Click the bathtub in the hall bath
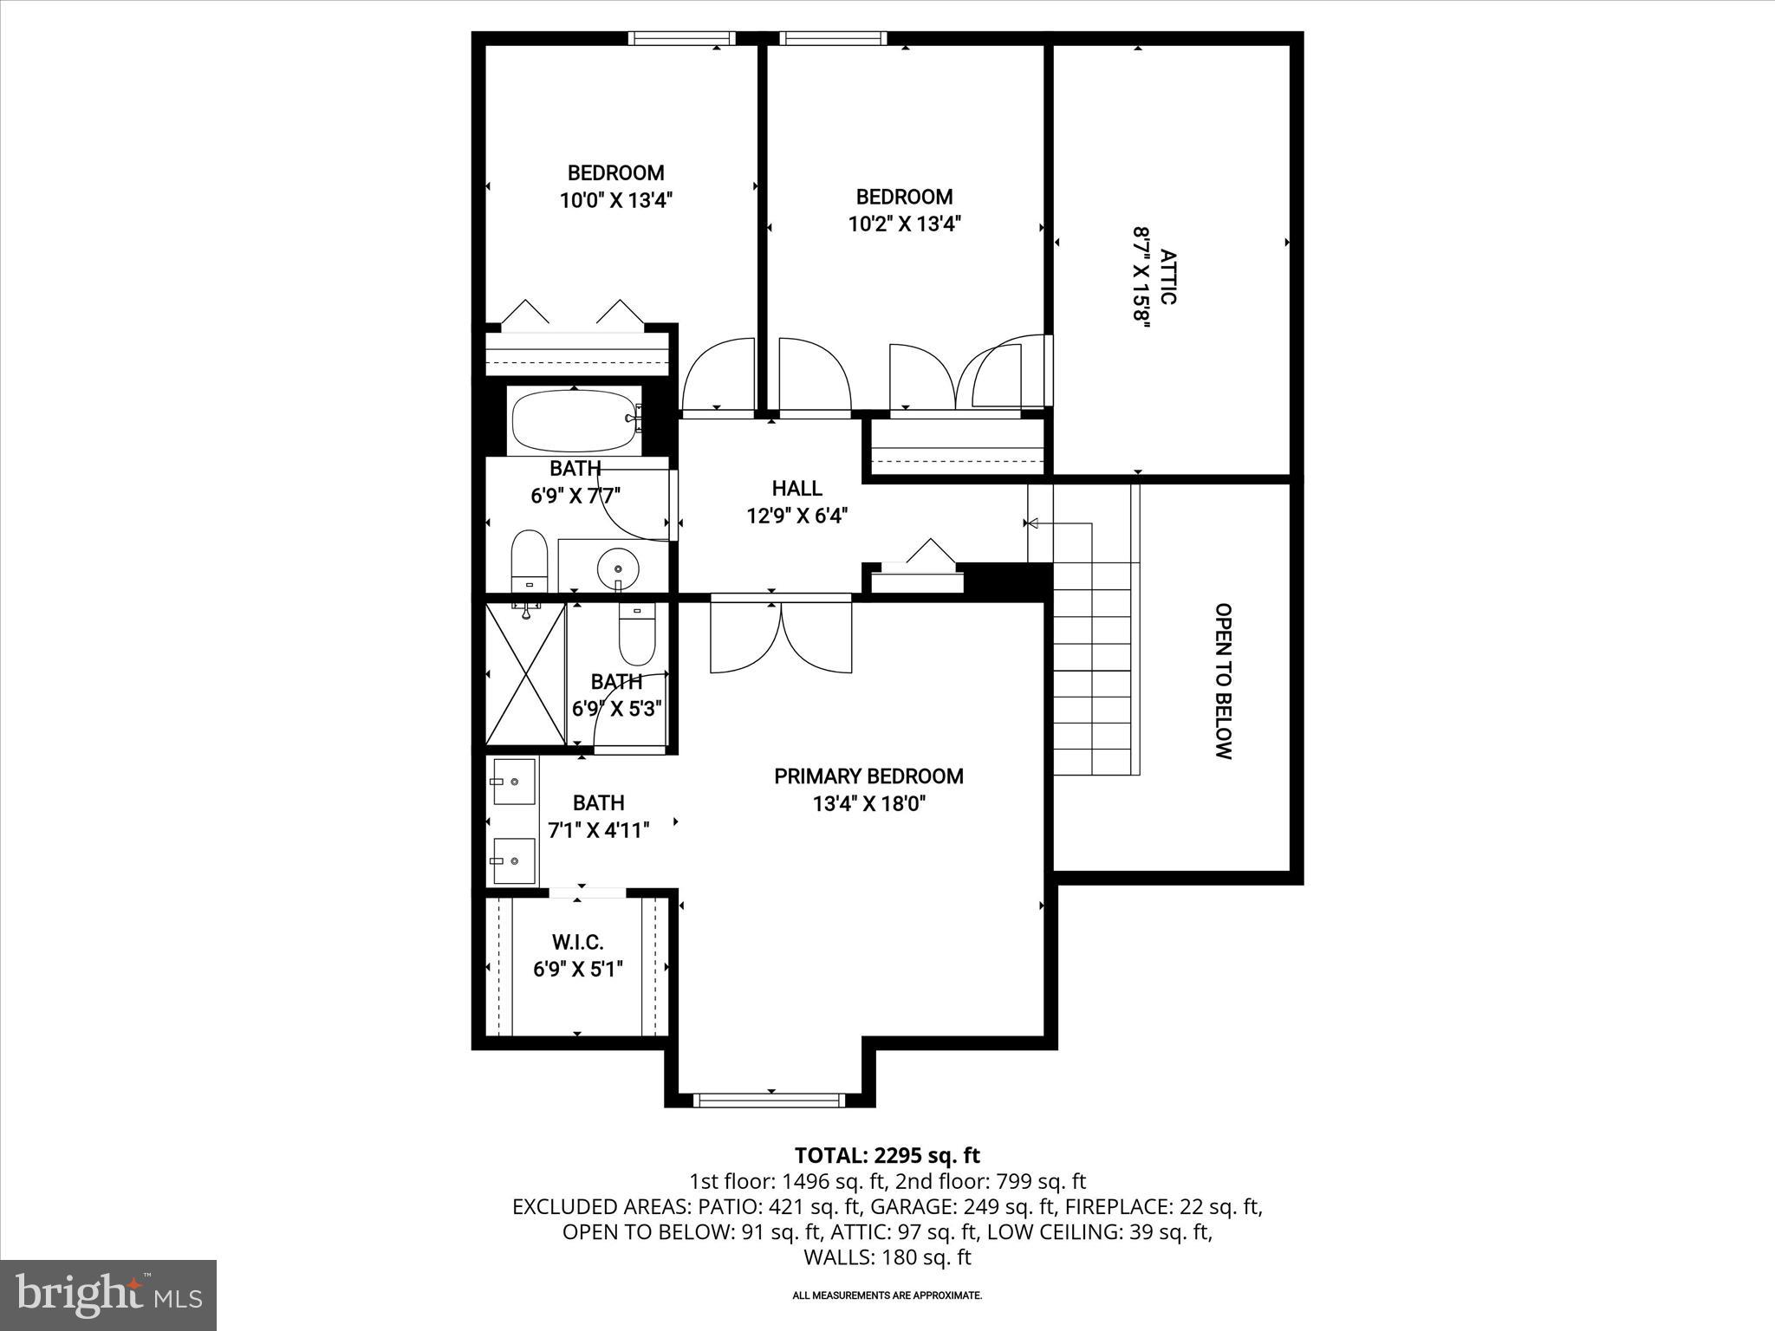[x=574, y=420]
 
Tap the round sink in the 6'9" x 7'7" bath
[x=618, y=568]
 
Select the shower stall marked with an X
[x=525, y=674]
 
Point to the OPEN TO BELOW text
[x=1222, y=681]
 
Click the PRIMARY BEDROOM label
[x=868, y=776]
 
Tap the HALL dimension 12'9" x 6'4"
[x=796, y=516]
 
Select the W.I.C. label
[x=577, y=942]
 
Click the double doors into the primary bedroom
[x=781, y=638]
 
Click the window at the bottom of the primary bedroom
[x=770, y=1101]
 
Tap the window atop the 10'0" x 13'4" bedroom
[x=681, y=38]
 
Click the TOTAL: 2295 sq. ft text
[x=887, y=1155]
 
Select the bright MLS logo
[x=108, y=1295]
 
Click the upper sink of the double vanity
[x=513, y=782]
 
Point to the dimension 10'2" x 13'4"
[x=904, y=224]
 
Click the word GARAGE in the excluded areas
[x=907, y=1206]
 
